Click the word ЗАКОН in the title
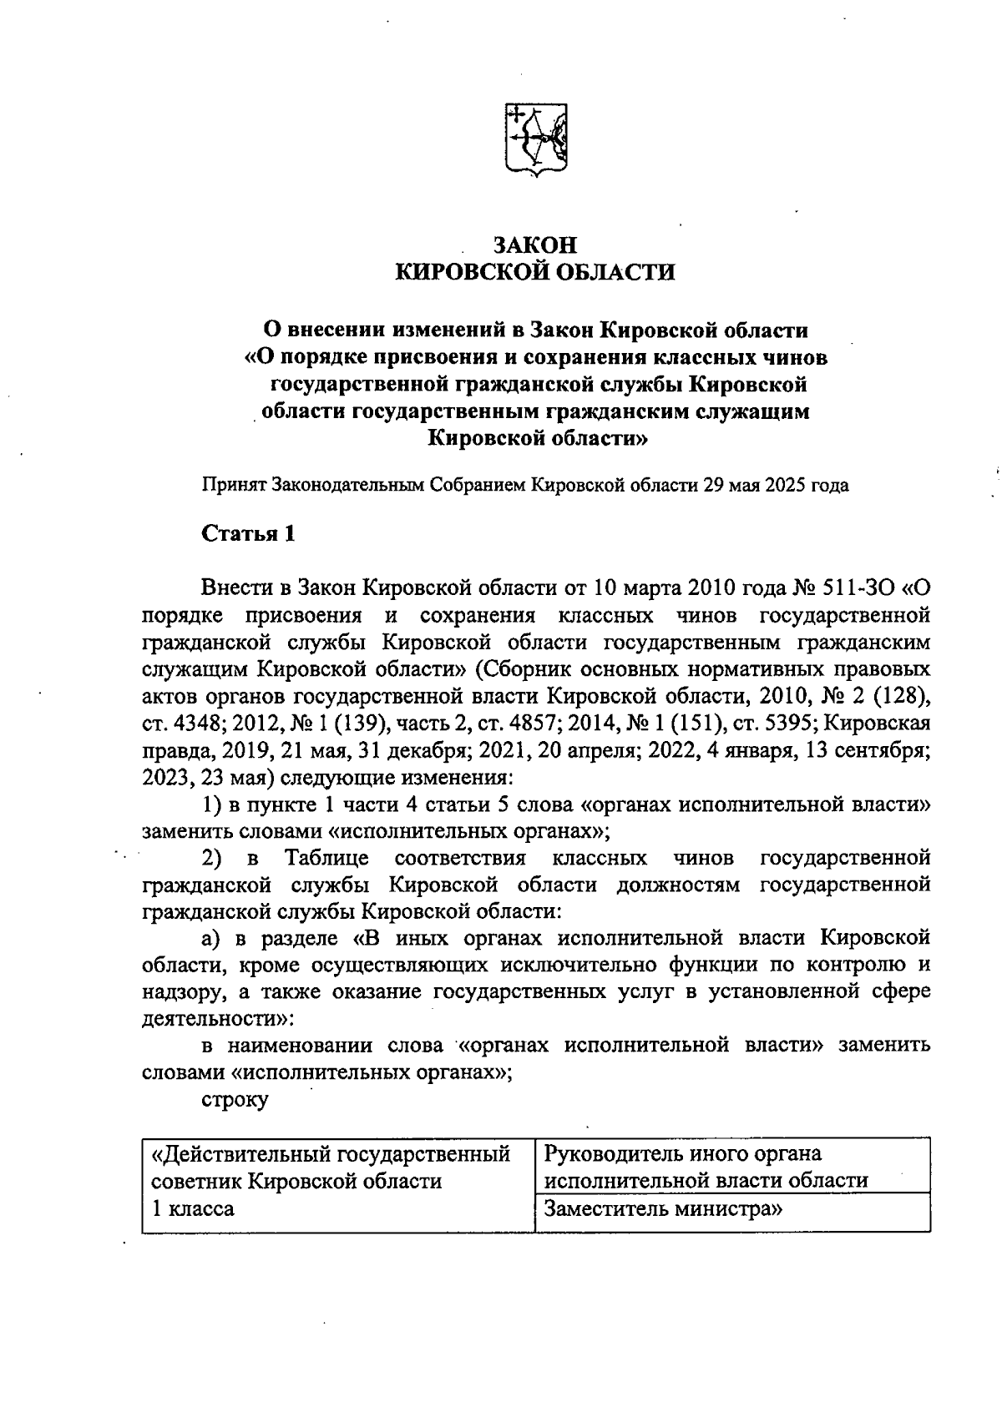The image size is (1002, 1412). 534,246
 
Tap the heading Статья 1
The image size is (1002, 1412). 248,534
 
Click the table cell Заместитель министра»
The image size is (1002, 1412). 663,1209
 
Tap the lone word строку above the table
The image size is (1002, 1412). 235,1099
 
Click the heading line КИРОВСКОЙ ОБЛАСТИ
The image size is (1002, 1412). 534,273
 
